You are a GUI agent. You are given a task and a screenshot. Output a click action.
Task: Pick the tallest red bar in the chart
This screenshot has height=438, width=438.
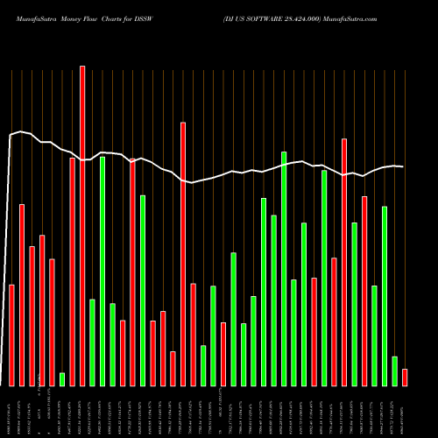click(82, 226)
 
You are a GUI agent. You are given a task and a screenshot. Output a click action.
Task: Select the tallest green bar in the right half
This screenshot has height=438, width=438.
click(284, 269)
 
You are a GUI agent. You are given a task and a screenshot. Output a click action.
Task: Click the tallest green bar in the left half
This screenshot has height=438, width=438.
click(102, 272)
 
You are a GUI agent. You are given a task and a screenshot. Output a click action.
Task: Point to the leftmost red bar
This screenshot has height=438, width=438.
click(11, 336)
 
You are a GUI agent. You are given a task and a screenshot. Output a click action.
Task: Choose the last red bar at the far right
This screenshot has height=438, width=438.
click(405, 378)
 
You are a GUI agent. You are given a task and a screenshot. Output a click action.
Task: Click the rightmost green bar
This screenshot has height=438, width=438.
click(394, 371)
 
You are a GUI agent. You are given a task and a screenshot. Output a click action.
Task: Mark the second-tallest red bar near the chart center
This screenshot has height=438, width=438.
click(183, 254)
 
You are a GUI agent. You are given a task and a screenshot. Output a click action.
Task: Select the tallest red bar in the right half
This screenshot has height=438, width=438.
click(344, 263)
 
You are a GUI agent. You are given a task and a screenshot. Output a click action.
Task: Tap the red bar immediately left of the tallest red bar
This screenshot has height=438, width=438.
click(72, 272)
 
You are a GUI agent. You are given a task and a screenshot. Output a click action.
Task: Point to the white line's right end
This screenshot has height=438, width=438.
click(403, 166)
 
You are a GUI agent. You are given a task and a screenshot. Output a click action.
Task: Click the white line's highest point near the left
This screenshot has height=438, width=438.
click(21, 131)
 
